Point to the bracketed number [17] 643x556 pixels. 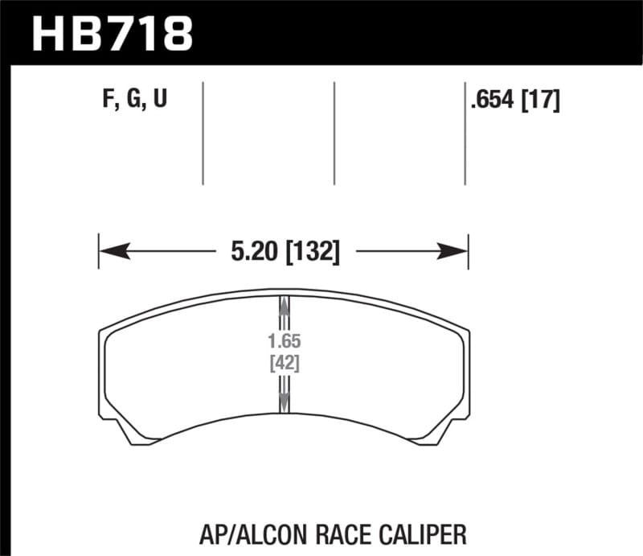tap(540, 101)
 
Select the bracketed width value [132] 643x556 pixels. tap(312, 253)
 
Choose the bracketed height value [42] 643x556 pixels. tap(283, 363)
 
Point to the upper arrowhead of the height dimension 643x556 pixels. tap(283, 305)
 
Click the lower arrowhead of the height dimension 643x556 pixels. tap(283, 402)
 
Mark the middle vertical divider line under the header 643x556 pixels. tap(334, 133)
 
